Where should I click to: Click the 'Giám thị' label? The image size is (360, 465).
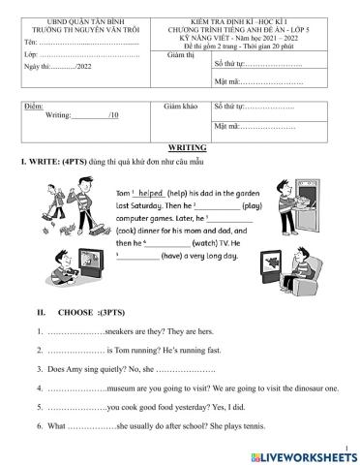pyautogui.click(x=181, y=57)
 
